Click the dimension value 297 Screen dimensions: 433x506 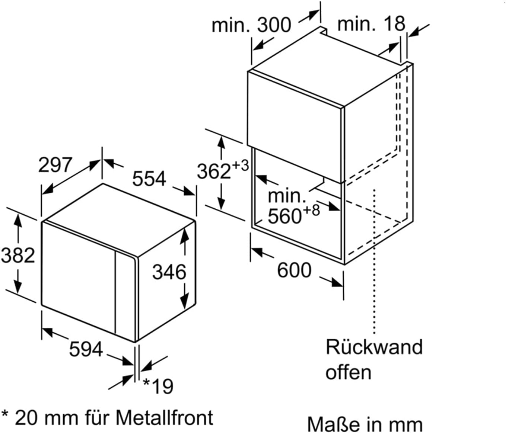[55, 165]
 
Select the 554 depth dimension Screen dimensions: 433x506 [149, 179]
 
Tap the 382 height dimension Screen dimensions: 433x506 [17, 256]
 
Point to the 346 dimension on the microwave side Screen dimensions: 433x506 [169, 272]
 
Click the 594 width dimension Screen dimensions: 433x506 [86, 349]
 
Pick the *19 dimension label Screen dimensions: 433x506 [159, 386]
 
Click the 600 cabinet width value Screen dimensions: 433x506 [294, 270]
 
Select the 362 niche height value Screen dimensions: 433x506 [214, 171]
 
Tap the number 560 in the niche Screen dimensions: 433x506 [284, 216]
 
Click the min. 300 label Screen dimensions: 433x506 [251, 25]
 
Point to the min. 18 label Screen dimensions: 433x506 [371, 24]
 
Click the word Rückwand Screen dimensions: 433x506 [374, 347]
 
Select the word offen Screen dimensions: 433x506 [348, 372]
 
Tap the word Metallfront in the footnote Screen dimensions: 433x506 [164, 418]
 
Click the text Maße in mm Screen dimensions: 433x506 [365, 424]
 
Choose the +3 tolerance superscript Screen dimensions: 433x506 [240, 165]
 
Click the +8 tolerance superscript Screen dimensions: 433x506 [311, 210]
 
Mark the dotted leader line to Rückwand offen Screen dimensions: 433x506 [374, 260]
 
